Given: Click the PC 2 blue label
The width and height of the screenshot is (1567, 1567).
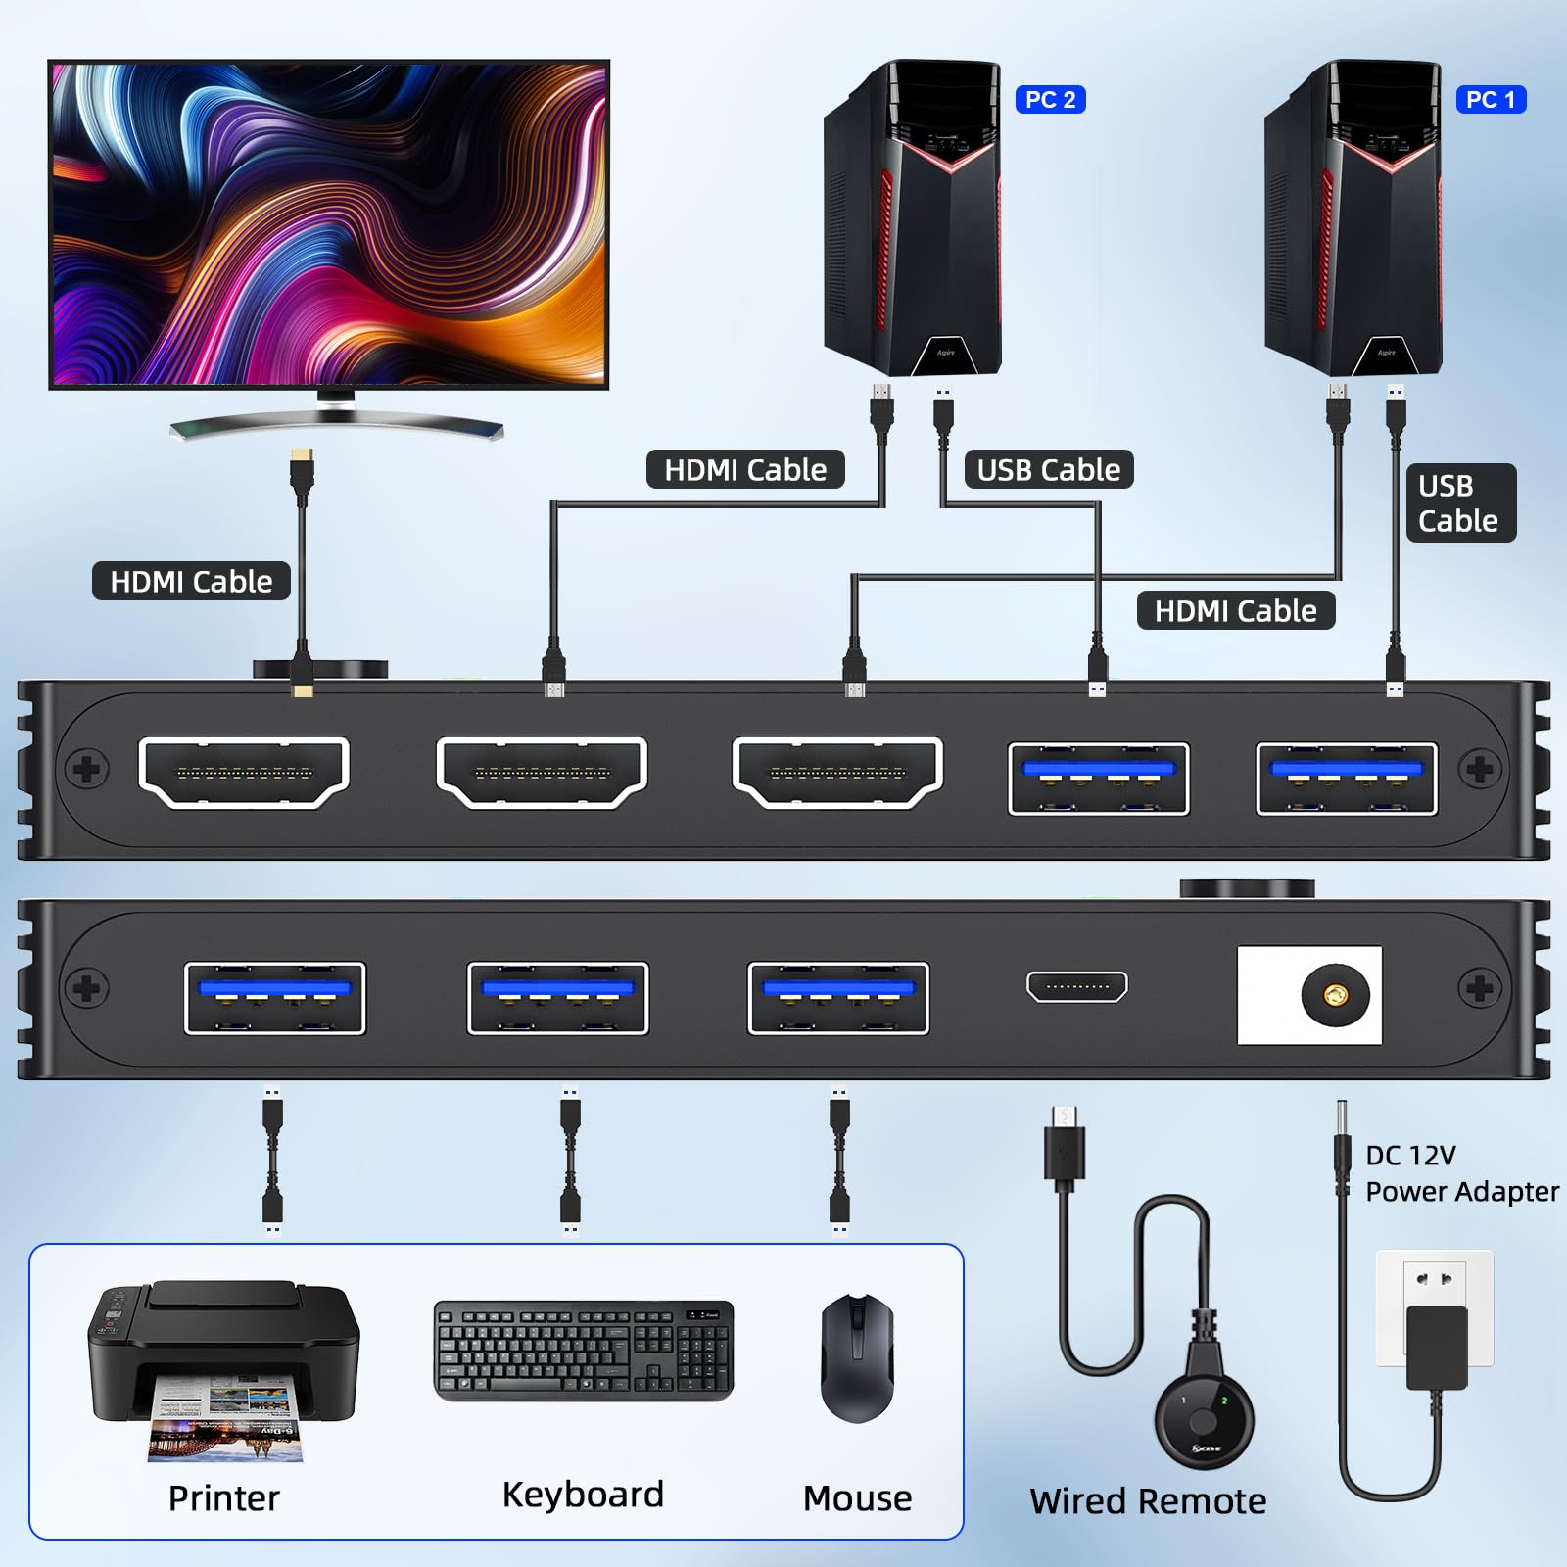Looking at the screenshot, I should pos(1050,100).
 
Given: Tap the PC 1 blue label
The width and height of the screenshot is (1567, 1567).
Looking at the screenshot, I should pos(1491,100).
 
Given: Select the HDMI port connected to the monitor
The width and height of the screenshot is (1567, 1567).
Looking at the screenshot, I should pos(245,773).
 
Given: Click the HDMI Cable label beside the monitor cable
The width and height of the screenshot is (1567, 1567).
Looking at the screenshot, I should pos(191,582).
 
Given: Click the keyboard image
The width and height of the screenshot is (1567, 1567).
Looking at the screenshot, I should pos(583,1351).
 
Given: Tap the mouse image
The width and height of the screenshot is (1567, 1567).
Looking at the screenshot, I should pos(857,1357).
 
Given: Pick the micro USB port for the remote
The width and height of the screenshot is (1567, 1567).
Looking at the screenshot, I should pos(1076,987).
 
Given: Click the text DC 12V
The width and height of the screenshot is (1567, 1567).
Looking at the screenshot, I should pos(1410,1156).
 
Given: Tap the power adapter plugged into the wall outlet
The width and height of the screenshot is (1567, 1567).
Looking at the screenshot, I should pos(1437,1347).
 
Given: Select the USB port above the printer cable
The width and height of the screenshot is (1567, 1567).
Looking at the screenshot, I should pos(274,998).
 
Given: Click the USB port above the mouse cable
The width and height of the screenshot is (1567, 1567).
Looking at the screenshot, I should pos(838,998).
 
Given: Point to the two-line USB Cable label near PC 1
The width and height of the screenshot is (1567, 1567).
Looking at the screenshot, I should pos(1458,503).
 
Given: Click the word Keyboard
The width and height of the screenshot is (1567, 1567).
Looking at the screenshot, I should pos(583,1496).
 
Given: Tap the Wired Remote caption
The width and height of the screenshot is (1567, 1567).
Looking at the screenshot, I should pos(1148,1501).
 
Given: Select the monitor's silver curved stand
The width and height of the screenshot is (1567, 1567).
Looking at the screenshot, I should pos(336,424).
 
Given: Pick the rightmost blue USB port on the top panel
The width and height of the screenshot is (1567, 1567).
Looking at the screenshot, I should pos(1347,779).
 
